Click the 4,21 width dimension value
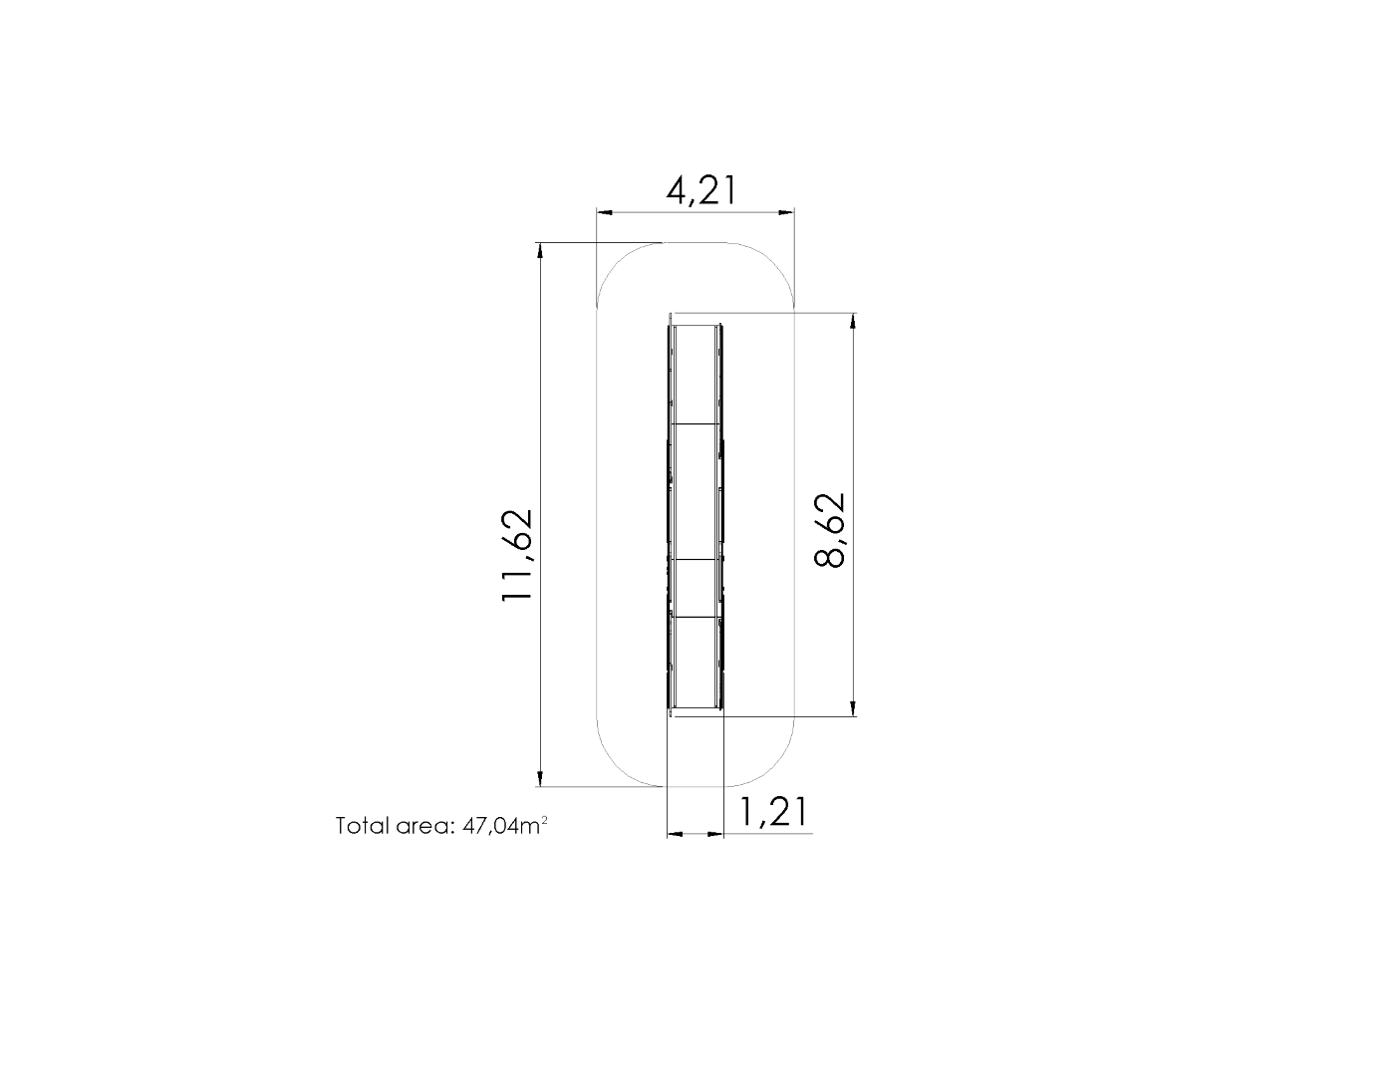pos(701,190)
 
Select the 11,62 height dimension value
pos(517,555)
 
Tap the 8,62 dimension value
pos(829,530)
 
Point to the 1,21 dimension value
pos(773,811)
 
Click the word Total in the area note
pos(361,825)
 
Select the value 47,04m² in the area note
pos(504,825)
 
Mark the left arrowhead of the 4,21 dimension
pos(606,213)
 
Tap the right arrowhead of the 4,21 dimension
pos(785,213)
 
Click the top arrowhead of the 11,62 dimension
pos(540,252)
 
